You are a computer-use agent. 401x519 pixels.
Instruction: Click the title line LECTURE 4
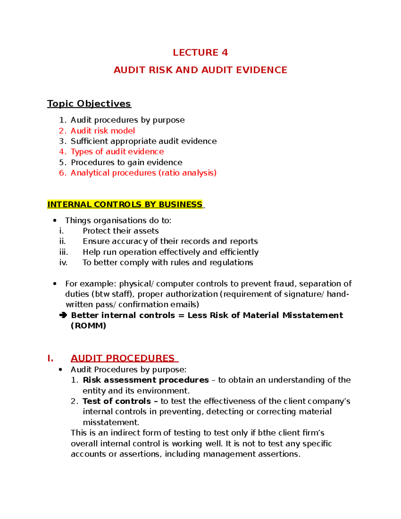click(200, 52)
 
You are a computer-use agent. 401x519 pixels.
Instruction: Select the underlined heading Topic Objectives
click(89, 104)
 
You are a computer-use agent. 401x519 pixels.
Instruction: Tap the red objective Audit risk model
click(103, 131)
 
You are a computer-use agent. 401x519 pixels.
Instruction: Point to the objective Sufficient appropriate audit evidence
click(143, 141)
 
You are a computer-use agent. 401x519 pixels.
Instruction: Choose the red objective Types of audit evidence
click(117, 152)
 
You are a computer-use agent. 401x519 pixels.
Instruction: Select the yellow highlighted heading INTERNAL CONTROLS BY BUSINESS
click(125, 205)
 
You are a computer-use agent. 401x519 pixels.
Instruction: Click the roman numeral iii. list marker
click(63, 252)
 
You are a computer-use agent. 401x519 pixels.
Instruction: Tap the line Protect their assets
click(121, 231)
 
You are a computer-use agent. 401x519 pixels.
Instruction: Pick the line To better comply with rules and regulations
click(168, 263)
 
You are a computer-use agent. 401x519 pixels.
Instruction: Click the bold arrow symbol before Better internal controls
click(63, 315)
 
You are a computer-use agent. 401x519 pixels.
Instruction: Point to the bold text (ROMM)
click(88, 326)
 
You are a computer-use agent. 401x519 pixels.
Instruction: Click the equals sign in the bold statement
click(181, 315)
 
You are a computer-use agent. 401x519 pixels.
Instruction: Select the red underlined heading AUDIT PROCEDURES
click(123, 358)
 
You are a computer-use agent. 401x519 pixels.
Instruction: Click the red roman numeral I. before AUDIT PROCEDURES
click(50, 359)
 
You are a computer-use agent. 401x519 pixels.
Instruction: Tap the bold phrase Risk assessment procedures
click(146, 380)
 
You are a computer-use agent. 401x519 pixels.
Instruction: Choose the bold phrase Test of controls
click(117, 401)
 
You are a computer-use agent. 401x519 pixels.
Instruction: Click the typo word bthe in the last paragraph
click(267, 433)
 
